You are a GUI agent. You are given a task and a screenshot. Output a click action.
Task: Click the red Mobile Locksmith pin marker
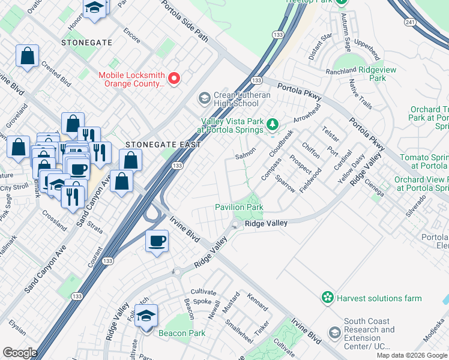(175, 79)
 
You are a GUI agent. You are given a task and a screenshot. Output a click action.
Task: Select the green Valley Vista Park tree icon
(273, 125)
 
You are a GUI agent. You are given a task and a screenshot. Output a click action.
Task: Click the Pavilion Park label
(240, 208)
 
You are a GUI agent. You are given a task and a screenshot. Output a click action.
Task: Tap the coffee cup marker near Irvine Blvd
(157, 241)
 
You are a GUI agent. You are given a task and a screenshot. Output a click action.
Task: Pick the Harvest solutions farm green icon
(327, 298)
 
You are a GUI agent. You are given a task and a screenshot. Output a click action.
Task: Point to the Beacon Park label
(182, 334)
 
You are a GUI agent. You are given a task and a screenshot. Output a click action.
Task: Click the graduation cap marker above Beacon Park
(146, 315)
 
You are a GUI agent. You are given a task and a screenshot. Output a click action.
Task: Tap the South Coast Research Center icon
(334, 332)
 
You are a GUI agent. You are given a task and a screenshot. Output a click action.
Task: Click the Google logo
(20, 353)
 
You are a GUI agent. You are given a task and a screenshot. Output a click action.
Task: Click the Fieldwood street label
(310, 179)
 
